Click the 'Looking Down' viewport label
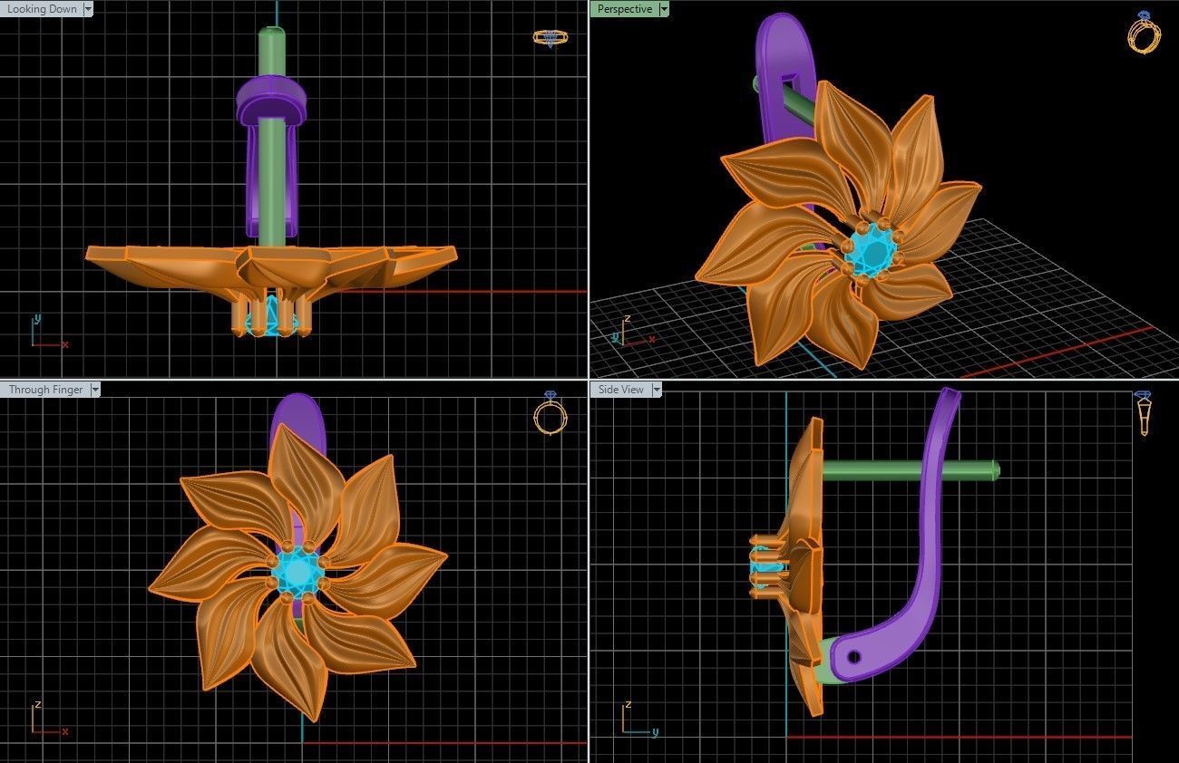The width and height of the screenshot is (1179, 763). [42, 9]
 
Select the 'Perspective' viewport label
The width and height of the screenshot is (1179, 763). [624, 9]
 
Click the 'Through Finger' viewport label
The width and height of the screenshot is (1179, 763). [45, 390]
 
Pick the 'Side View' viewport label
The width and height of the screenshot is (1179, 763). [620, 390]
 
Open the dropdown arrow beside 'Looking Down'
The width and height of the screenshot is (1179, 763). [88, 9]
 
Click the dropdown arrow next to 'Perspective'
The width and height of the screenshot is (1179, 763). [664, 9]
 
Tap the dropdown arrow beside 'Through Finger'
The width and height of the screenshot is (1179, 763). [95, 390]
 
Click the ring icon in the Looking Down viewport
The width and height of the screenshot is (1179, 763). [550, 38]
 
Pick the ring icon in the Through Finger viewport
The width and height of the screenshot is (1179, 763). [550, 415]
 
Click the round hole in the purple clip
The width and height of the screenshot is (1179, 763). [853, 656]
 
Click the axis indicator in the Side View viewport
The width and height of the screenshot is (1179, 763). [635, 720]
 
